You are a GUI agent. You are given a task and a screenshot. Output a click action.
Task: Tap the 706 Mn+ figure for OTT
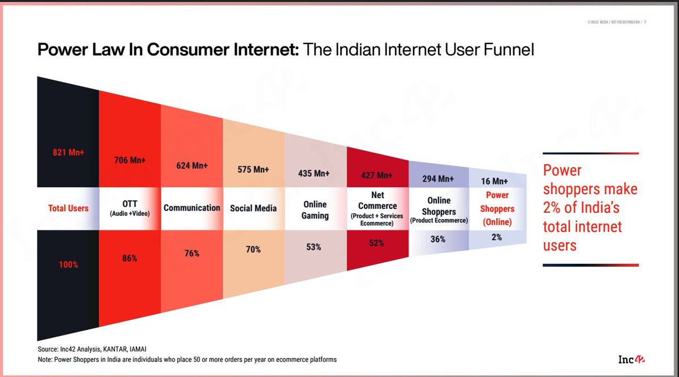(x=130, y=160)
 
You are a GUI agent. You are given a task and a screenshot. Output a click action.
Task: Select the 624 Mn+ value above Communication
(x=192, y=166)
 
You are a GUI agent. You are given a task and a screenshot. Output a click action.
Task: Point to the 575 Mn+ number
(x=253, y=169)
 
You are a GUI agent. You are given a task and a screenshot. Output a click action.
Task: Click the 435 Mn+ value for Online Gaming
(x=314, y=174)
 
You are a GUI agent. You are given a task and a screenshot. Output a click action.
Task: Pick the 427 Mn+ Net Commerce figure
(x=377, y=175)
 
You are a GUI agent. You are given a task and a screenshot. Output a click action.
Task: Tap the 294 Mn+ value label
(x=438, y=179)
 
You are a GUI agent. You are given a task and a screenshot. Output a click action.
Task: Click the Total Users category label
(x=68, y=208)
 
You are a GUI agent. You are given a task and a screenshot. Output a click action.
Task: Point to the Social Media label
(x=253, y=208)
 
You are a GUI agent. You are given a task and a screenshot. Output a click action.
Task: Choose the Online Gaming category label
(x=315, y=209)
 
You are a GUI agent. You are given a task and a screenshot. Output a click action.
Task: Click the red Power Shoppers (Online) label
(x=497, y=208)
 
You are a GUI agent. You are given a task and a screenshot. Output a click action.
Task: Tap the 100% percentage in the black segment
(x=68, y=264)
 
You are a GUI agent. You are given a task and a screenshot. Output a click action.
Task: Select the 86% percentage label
(x=130, y=258)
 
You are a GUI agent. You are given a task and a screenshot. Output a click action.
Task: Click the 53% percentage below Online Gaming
(x=314, y=247)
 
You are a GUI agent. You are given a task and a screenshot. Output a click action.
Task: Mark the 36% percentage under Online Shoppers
(x=437, y=239)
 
